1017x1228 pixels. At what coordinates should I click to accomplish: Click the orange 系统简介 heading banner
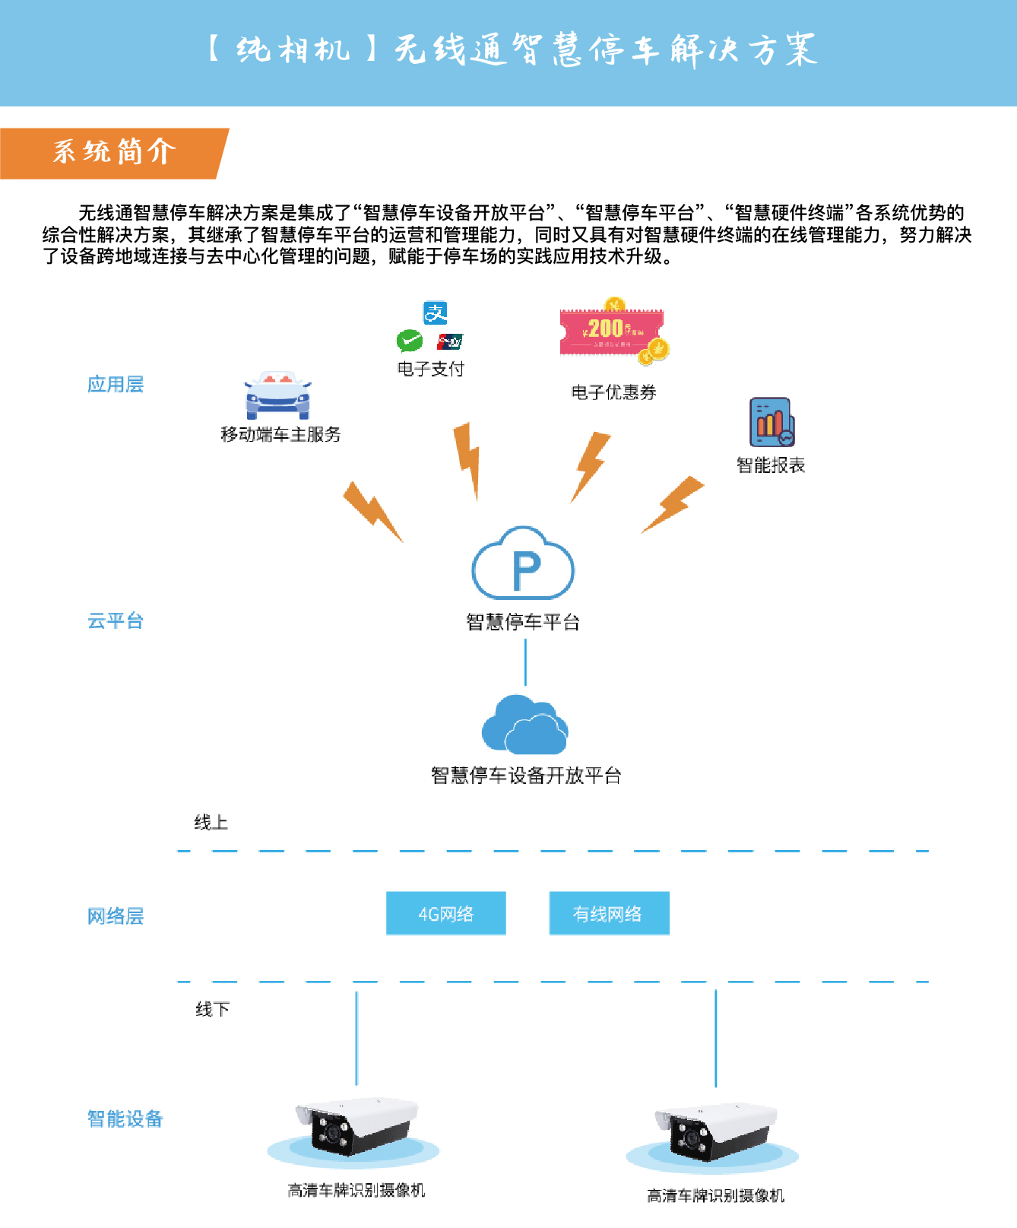tap(114, 153)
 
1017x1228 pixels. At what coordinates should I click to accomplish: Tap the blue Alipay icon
tap(436, 313)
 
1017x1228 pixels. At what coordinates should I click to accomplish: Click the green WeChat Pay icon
tap(410, 341)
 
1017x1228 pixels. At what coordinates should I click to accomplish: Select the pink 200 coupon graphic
tap(613, 332)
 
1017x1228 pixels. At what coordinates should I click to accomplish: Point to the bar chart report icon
tap(771, 423)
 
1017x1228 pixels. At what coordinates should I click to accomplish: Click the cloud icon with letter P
tap(523, 564)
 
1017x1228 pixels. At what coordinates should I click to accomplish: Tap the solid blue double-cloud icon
tap(524, 726)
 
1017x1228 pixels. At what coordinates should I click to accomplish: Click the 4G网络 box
tap(446, 913)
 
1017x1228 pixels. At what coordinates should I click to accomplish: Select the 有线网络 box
tap(609, 913)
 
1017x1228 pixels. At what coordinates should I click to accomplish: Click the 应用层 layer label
tap(116, 385)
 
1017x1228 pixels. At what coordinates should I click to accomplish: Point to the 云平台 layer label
tap(116, 621)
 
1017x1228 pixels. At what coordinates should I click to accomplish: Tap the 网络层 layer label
tap(116, 916)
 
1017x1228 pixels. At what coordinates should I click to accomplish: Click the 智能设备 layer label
tap(125, 1119)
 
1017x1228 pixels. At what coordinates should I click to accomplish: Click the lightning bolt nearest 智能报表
tap(673, 503)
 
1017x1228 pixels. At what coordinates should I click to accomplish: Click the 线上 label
tap(211, 823)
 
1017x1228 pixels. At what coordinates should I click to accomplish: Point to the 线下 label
tap(212, 1010)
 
